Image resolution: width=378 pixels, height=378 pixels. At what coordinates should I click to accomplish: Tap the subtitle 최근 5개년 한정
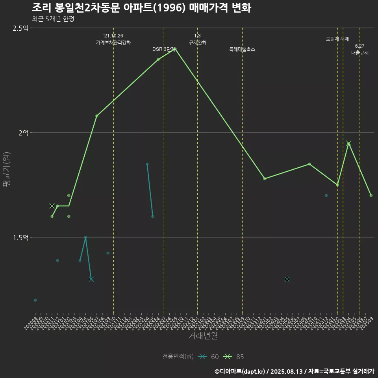coord(53,19)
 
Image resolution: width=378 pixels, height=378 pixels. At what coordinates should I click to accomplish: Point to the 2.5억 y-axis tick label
coord(20,28)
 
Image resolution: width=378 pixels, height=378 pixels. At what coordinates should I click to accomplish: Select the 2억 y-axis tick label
coord(23,133)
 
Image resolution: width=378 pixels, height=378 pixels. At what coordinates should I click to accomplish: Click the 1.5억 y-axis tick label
coord(20,237)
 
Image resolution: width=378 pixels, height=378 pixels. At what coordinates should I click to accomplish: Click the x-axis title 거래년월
coord(203,336)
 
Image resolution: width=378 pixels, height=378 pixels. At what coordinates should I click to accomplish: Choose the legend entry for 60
coord(209,357)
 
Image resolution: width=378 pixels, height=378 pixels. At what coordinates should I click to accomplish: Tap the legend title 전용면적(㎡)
coord(178,357)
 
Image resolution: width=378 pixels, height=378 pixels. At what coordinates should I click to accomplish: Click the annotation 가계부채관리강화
coord(113,43)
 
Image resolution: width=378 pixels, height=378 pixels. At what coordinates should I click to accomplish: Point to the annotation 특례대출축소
coord(242,50)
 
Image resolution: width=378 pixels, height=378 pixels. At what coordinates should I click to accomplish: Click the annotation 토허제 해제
coord(337,39)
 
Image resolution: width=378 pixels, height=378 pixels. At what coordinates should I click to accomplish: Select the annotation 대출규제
coord(360,53)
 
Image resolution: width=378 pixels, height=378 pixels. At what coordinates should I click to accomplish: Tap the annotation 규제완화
coord(198,43)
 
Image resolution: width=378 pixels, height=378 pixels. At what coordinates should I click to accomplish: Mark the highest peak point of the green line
coord(175,49)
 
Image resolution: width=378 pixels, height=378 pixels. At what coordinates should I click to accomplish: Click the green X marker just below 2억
coord(348,143)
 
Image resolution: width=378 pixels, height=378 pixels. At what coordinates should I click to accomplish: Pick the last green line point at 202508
coord(371,195)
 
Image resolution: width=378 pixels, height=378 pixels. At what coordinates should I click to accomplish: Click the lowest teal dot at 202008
coord(35,300)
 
